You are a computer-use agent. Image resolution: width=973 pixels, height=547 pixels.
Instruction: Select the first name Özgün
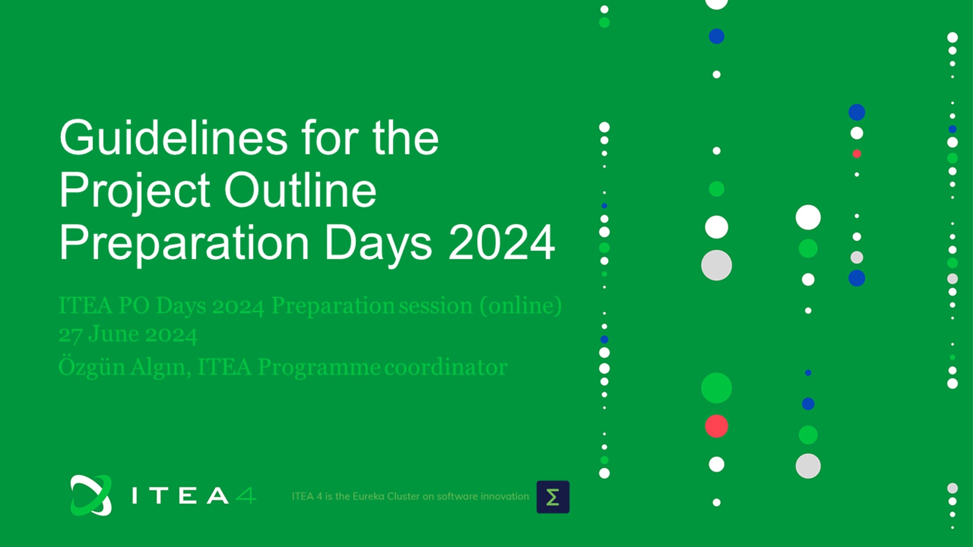pyautogui.click(x=92, y=366)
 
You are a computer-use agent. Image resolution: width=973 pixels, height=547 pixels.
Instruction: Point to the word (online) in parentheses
pyautogui.click(x=521, y=306)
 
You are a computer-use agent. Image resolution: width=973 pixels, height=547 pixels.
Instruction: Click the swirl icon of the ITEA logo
pyautogui.click(x=91, y=495)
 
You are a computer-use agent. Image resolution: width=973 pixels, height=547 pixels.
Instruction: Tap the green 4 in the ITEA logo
pyautogui.click(x=246, y=495)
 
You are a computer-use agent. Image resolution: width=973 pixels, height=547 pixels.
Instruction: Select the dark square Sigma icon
pyautogui.click(x=553, y=497)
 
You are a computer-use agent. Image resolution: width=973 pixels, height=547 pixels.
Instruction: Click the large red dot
pyautogui.click(x=717, y=426)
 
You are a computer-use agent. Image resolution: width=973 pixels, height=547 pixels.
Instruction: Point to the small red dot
pyautogui.click(x=856, y=153)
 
